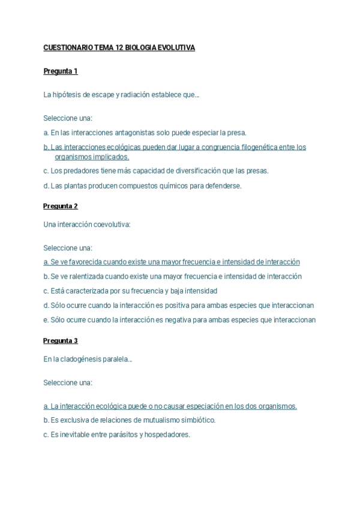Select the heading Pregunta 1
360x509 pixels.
tap(61, 71)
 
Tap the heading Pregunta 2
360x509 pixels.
tap(61, 206)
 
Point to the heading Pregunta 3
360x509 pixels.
tap(61, 340)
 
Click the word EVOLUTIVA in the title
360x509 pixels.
tap(177, 48)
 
